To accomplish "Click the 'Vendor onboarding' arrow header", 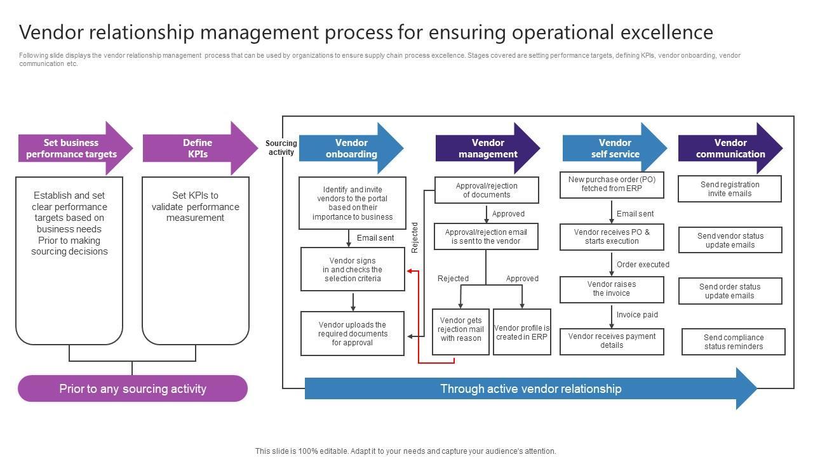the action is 351,148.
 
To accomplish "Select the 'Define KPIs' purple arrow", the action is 200,148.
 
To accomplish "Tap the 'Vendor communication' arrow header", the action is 730,148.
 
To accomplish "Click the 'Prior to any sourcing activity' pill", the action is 133,388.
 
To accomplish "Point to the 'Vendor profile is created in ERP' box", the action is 522,332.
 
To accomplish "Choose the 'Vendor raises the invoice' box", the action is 612,289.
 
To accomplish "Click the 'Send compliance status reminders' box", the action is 734,341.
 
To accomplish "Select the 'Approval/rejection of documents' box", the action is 487,190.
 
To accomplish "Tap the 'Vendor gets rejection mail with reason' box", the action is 460,332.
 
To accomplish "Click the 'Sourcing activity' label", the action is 281,148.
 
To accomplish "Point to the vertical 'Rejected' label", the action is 415,237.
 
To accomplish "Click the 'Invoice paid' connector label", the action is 637,314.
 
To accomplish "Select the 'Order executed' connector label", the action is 643,265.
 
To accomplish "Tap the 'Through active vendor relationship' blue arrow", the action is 531,388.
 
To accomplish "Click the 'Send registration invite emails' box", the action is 730,189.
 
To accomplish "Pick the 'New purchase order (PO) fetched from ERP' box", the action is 612,185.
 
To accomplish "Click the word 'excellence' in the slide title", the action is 667,32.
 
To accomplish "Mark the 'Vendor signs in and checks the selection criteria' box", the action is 353,269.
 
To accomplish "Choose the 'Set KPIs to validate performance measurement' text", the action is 195,206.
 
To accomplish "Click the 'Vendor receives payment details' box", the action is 612,341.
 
